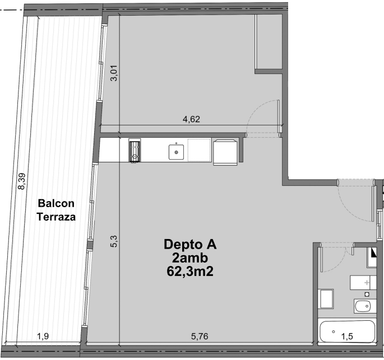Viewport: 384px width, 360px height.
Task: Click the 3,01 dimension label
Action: pos(114,73)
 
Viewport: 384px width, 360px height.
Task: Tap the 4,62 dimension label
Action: pos(191,119)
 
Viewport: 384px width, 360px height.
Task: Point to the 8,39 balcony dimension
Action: pos(21,181)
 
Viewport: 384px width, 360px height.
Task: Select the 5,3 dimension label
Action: pos(114,241)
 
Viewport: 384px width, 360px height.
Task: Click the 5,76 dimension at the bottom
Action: pos(200,336)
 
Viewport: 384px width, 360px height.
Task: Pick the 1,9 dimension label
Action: pos(43,336)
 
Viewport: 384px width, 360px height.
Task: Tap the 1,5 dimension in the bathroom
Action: pos(347,336)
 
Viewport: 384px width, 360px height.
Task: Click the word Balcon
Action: pos(56,203)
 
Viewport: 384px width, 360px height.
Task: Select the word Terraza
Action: pos(56,217)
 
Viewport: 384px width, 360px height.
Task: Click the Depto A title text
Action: pos(190,244)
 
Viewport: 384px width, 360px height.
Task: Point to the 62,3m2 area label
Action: pos(190,271)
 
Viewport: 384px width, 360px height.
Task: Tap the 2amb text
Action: pos(190,258)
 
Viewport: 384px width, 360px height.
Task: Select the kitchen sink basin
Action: pos(176,152)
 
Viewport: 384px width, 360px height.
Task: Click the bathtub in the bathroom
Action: pos(347,331)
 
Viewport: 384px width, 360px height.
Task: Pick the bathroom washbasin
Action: pos(365,306)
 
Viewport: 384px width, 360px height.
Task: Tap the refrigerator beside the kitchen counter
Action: pos(225,152)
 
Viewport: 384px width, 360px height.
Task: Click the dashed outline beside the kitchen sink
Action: pos(199,150)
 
